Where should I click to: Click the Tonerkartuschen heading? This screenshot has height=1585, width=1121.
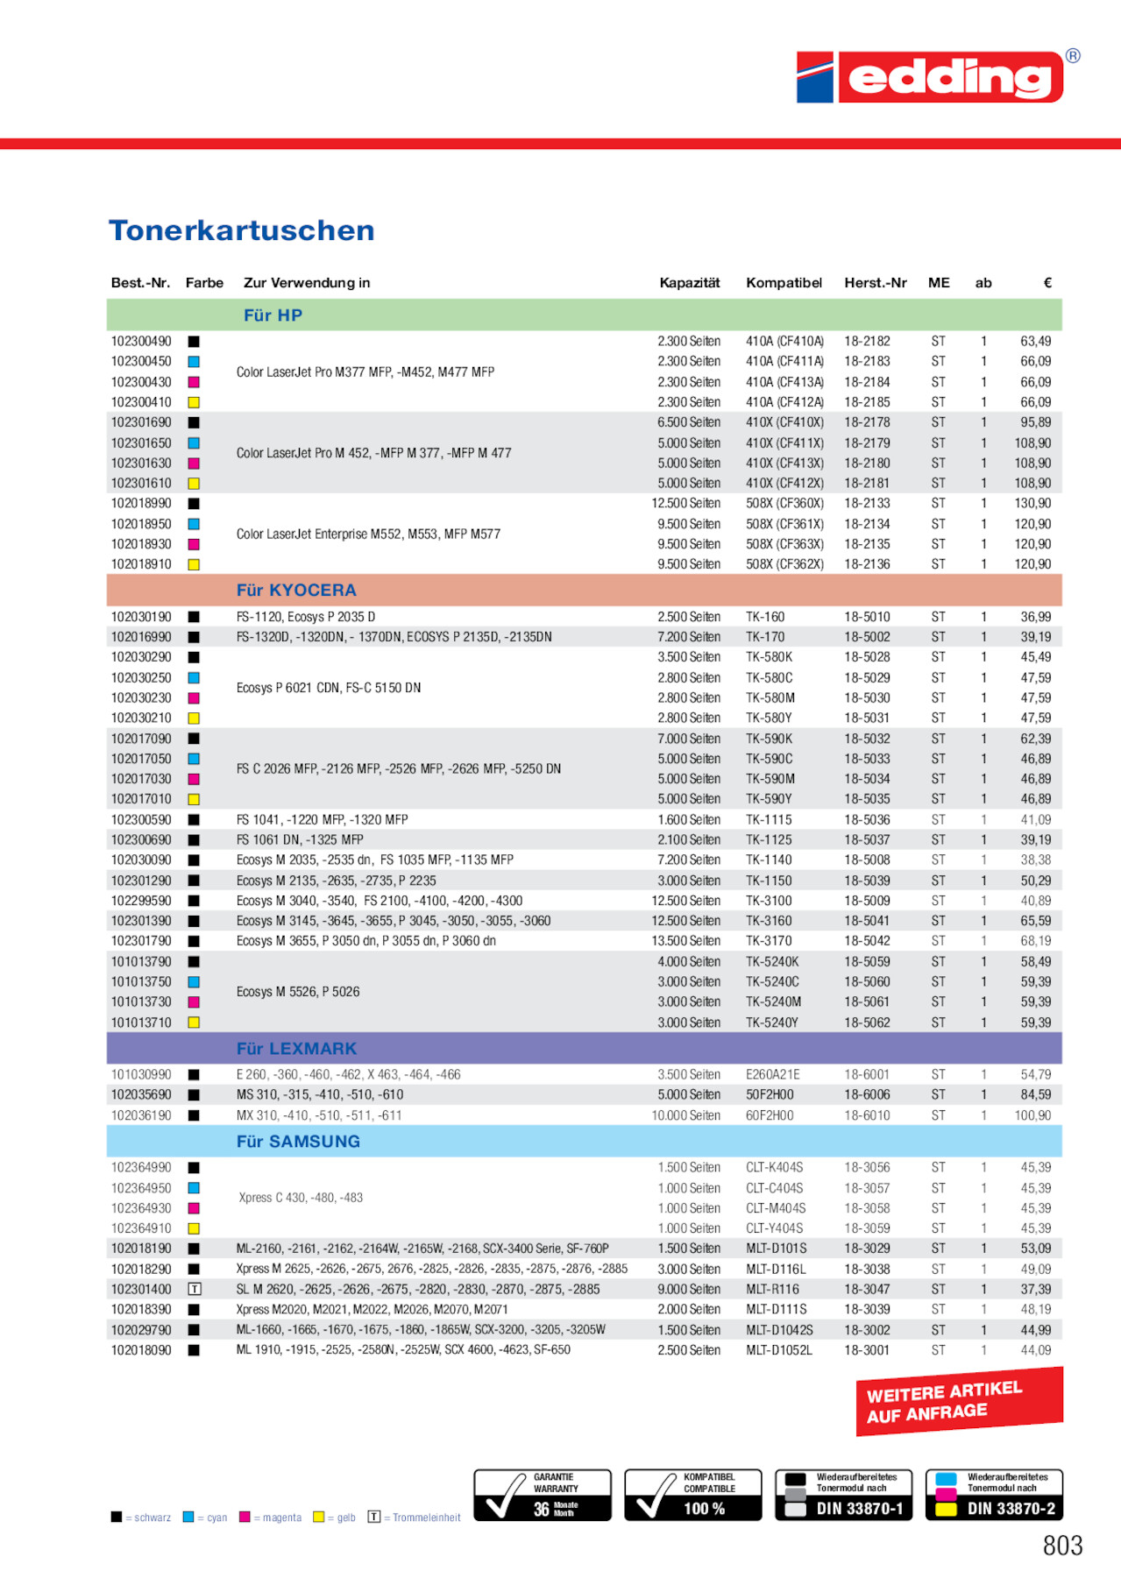click(241, 230)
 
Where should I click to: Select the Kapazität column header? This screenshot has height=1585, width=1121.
click(689, 283)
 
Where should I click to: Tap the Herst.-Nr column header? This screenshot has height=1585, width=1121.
click(875, 283)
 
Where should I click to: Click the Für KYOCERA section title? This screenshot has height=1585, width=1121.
click(296, 591)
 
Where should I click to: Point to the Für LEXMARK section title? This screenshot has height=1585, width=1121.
click(296, 1049)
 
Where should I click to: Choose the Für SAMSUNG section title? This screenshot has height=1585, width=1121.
click(298, 1142)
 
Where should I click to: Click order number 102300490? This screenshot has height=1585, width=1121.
click(141, 342)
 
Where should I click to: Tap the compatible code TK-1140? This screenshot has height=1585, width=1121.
click(769, 860)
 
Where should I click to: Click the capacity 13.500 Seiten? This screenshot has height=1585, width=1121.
click(689, 941)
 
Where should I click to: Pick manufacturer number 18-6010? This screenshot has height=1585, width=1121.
click(867, 1115)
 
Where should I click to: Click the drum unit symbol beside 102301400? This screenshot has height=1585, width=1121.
click(195, 1290)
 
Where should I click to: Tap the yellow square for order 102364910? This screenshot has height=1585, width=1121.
click(195, 1228)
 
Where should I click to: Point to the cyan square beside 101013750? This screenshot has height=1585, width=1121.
click(195, 982)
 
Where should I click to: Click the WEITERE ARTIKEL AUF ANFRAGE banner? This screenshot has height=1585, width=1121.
click(959, 1402)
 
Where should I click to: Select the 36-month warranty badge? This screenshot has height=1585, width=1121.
click(543, 1495)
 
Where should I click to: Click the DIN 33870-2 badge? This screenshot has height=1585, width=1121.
click(994, 1495)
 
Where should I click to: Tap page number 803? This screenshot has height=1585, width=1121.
click(1062, 1546)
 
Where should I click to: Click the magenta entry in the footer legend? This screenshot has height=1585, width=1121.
click(272, 1518)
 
